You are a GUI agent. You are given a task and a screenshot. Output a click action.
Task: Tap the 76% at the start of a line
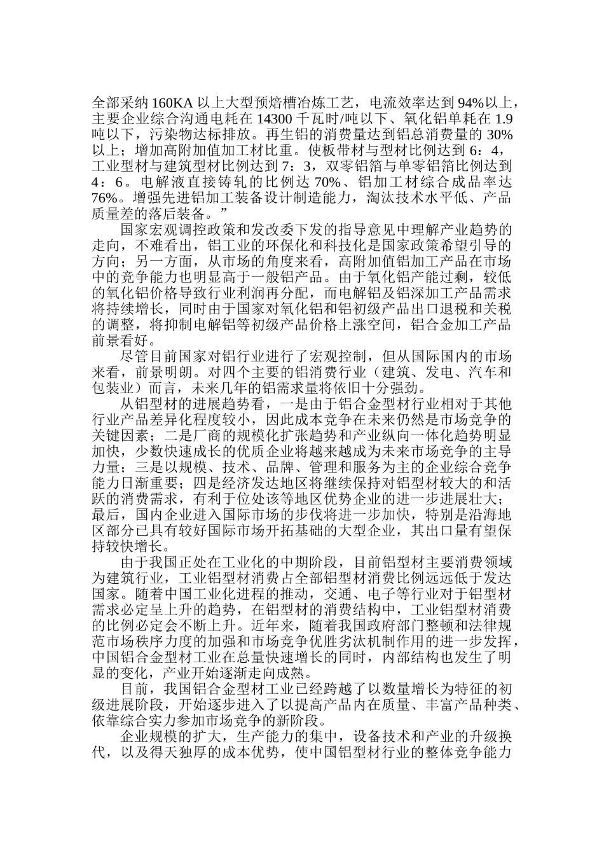point(105,197)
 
